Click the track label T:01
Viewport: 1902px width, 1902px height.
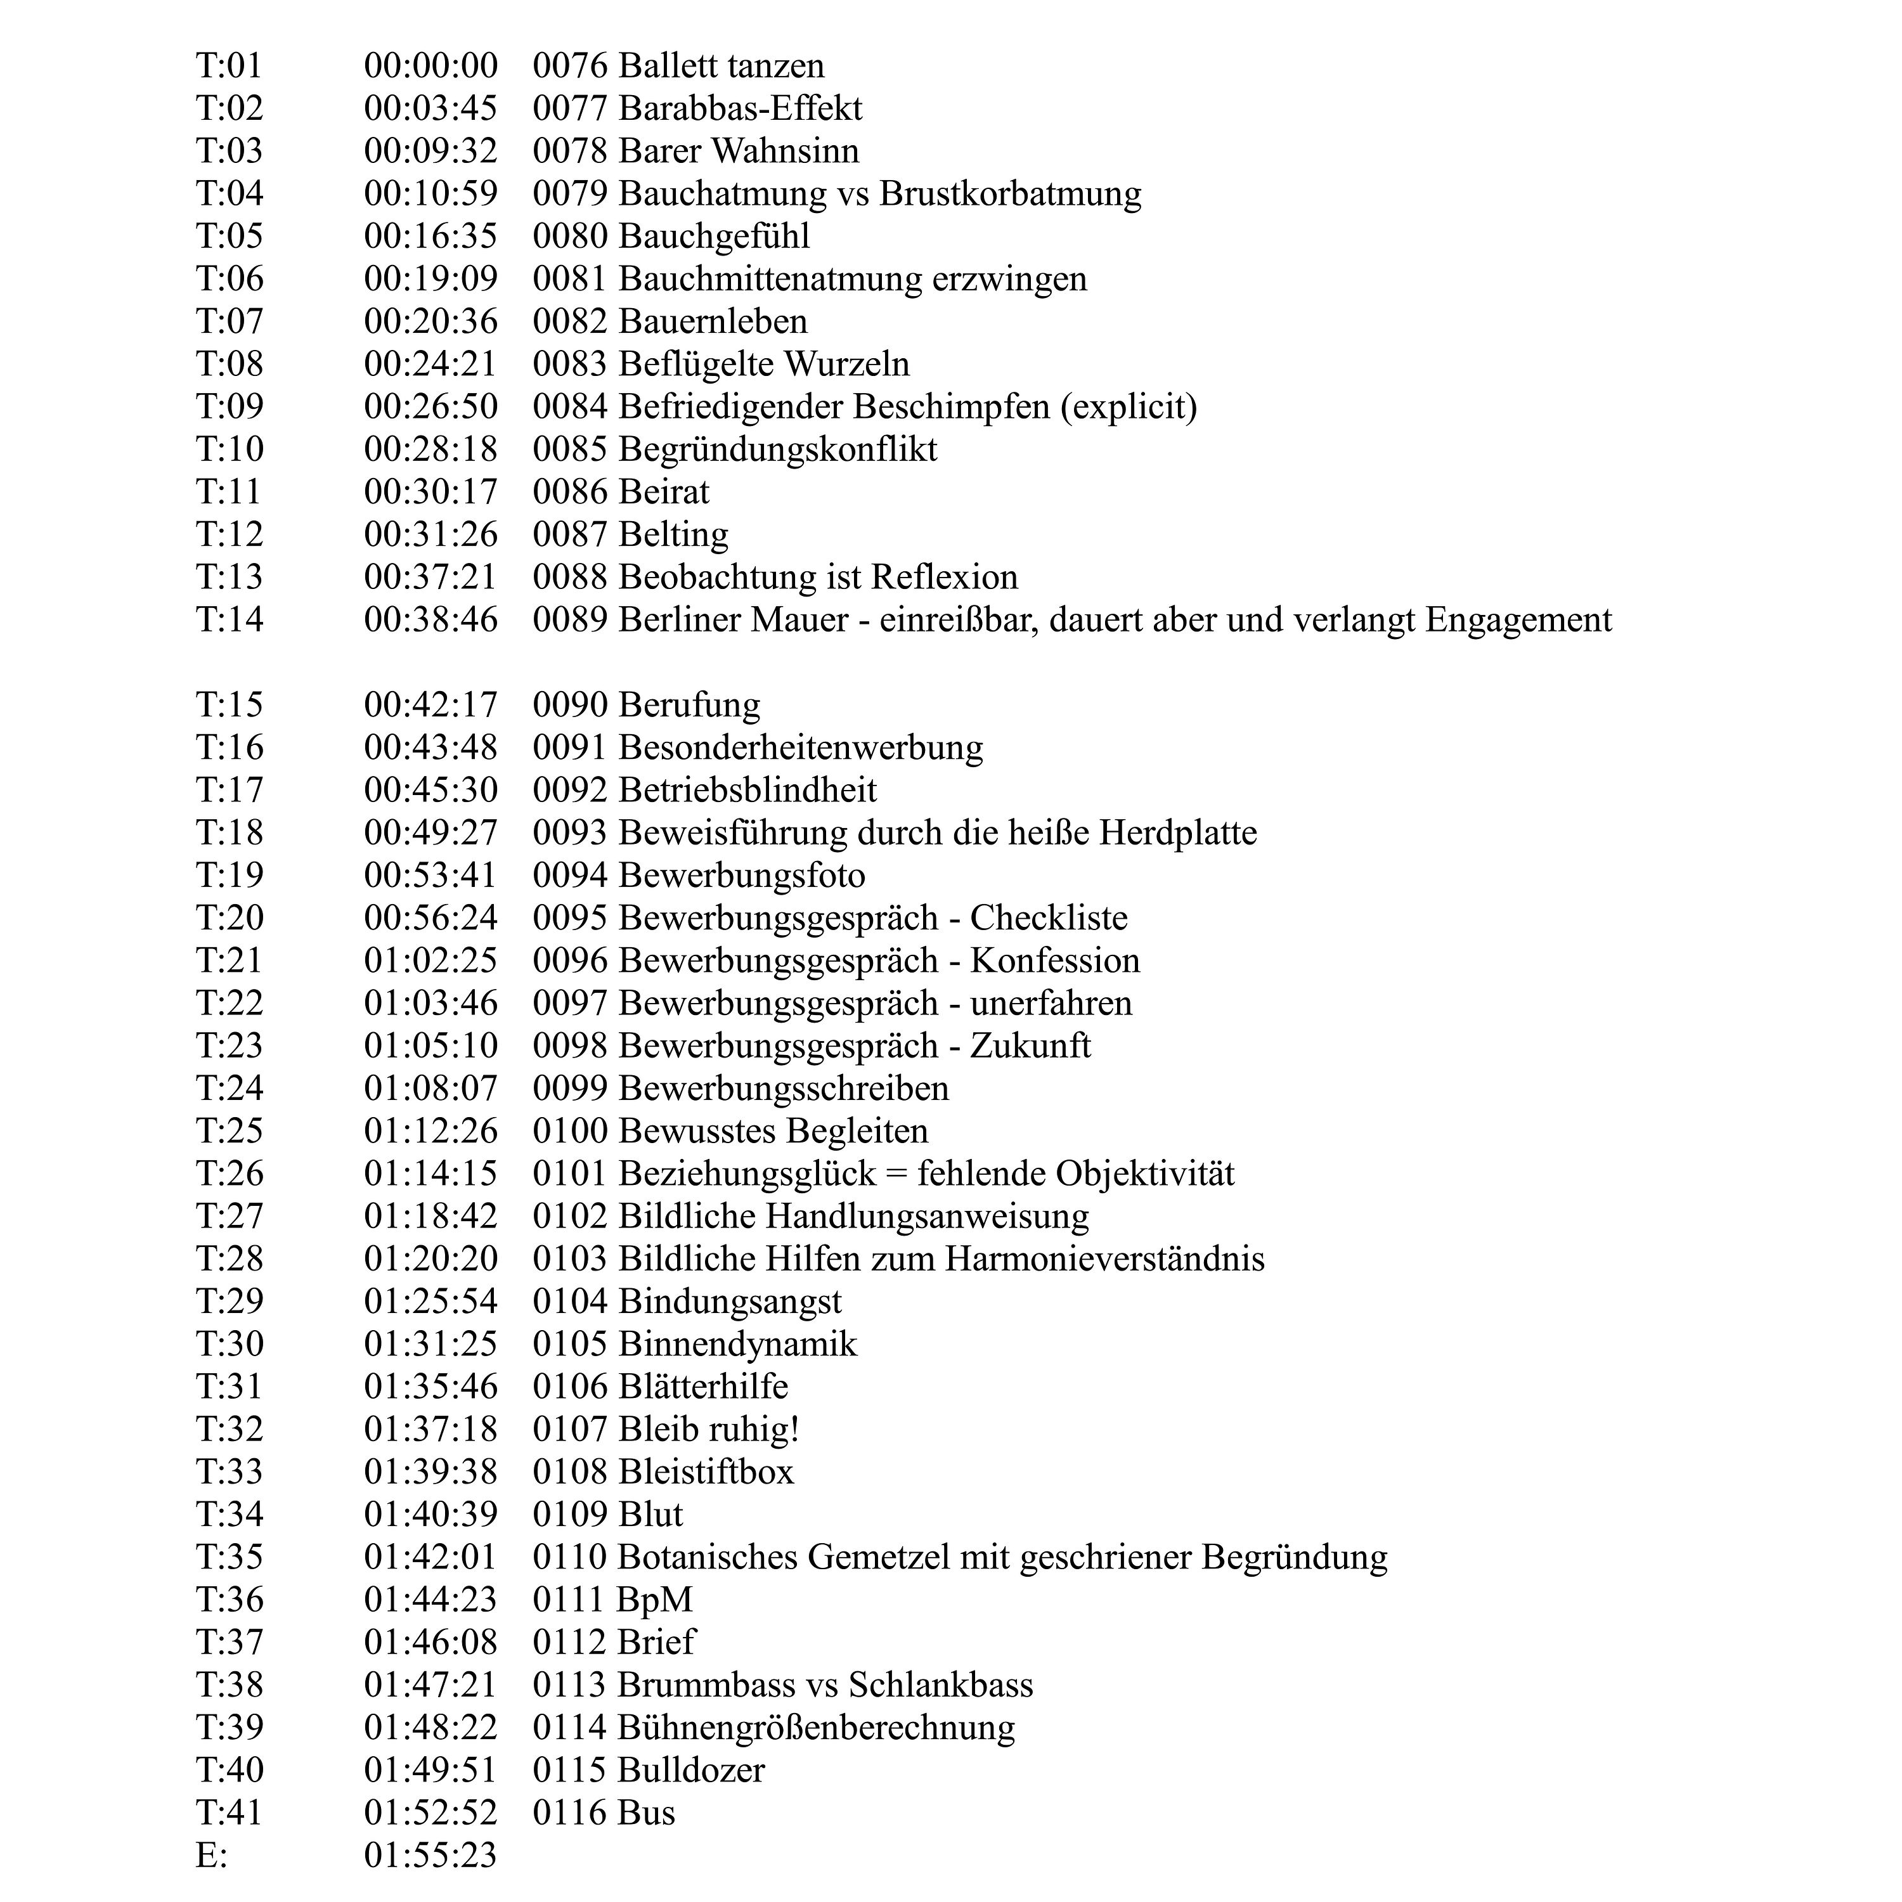tap(230, 66)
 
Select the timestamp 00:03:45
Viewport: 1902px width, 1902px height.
tap(430, 108)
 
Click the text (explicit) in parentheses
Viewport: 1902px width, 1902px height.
tap(1129, 406)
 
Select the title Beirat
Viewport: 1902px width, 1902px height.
tap(664, 491)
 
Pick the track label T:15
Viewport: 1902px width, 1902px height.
tap(230, 705)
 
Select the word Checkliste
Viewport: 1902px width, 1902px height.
tap(1049, 917)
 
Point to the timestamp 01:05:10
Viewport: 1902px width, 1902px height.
tap(430, 1045)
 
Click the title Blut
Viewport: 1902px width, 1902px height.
tap(650, 1514)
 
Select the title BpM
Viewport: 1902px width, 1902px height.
tap(655, 1599)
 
